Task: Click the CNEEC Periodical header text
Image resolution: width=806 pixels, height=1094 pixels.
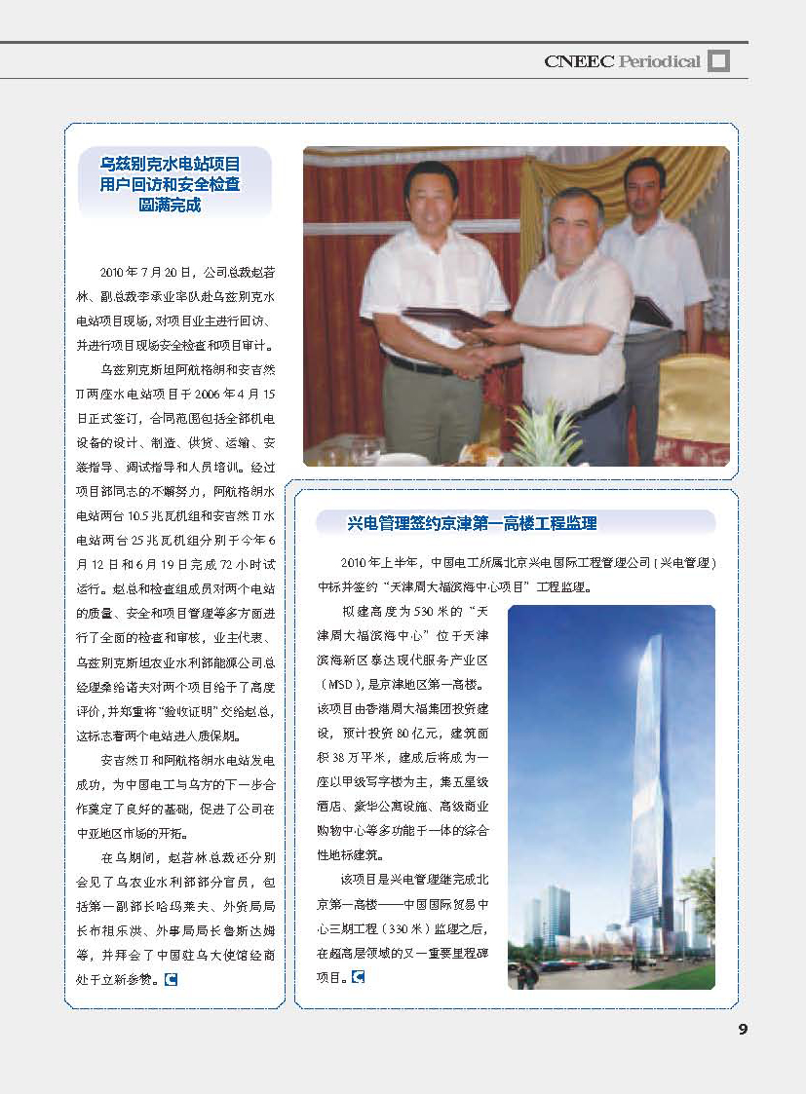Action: [622, 61]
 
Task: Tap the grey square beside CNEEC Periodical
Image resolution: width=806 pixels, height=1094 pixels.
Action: [718, 61]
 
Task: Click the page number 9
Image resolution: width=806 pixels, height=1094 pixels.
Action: [742, 1030]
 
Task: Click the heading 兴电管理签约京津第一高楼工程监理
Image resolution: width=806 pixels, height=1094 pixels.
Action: [472, 524]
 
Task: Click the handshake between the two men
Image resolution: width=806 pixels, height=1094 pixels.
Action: [473, 361]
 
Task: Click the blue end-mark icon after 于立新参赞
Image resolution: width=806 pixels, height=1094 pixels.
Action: [171, 978]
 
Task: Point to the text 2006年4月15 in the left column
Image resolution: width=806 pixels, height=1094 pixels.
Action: [234, 394]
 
